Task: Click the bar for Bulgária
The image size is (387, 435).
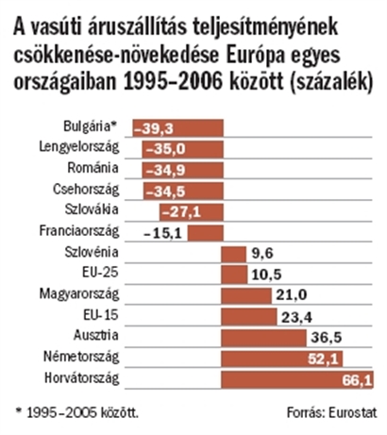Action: tap(177, 128)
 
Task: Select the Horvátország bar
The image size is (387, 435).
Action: tap(297, 379)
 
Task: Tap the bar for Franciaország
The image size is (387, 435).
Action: tap(206, 233)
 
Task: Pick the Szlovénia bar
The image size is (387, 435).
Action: tap(233, 254)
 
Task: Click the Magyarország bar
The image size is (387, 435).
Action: tap(246, 296)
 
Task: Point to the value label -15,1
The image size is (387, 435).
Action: tap(162, 234)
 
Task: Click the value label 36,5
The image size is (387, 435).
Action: tap(327, 338)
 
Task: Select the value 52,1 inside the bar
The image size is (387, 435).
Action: tap(324, 359)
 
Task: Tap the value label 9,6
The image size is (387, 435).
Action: tap(262, 254)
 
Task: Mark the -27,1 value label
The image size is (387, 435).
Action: tap(181, 212)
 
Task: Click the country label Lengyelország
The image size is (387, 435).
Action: tap(79, 147)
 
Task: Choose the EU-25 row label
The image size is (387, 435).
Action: tap(100, 272)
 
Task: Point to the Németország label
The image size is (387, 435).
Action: tap(81, 357)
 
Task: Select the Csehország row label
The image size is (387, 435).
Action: tap(86, 190)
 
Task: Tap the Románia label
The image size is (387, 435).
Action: tap(93, 168)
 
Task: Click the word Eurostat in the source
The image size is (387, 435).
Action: tap(352, 412)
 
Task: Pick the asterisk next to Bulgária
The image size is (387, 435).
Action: tap(115, 125)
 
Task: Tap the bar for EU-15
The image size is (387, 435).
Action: tap(249, 317)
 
